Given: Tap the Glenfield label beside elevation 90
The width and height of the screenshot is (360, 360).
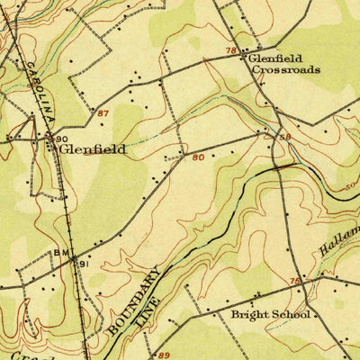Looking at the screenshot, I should (93, 150).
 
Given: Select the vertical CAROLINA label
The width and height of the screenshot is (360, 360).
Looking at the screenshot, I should (39, 93).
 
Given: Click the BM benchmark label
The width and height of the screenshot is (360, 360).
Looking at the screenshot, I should (61, 254).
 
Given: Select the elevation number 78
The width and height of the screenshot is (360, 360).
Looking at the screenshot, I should (231, 51).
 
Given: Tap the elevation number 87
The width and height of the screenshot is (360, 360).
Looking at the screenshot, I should (102, 113).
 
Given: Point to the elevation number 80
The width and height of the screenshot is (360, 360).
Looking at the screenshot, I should (197, 157).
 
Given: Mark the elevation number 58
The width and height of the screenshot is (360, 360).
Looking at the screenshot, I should (284, 137).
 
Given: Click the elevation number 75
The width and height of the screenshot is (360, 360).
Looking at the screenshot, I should (295, 282).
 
